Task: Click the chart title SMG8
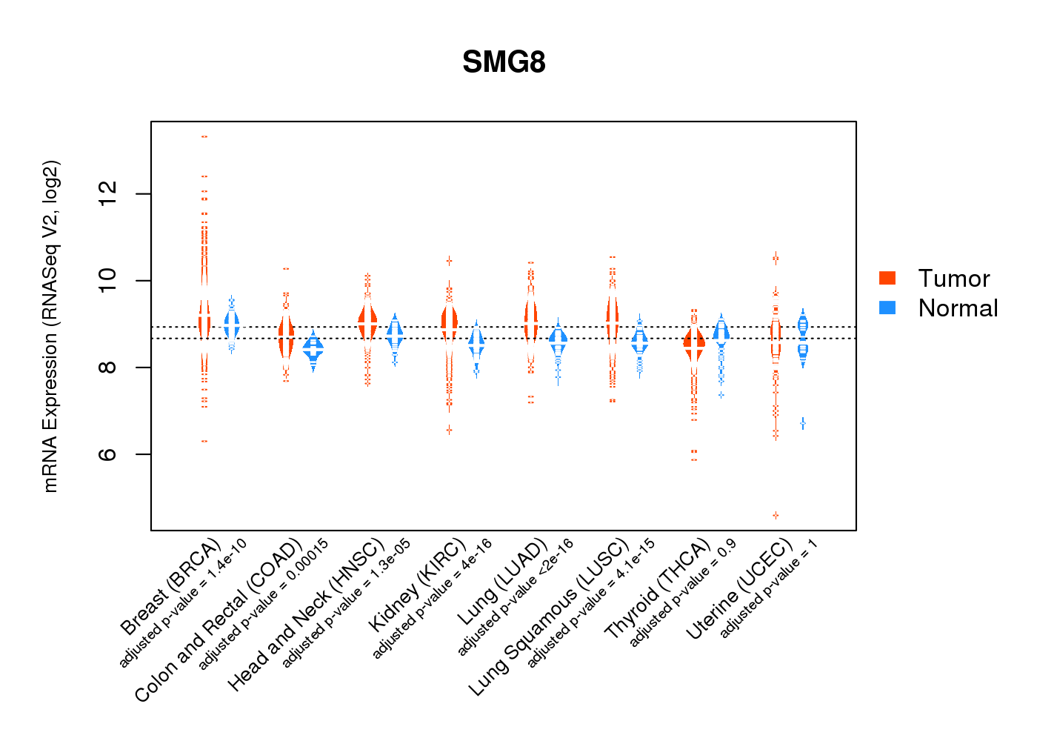click(x=504, y=62)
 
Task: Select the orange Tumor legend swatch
click(x=887, y=278)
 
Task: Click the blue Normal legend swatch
click(x=887, y=308)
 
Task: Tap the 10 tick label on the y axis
click(x=108, y=281)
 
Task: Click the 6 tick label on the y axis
click(x=108, y=454)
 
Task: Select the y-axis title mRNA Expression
click(x=50, y=326)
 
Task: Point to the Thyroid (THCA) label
click(x=658, y=590)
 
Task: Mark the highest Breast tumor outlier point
click(x=204, y=136)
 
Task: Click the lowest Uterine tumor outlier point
click(x=776, y=515)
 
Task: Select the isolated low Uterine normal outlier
click(x=803, y=423)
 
